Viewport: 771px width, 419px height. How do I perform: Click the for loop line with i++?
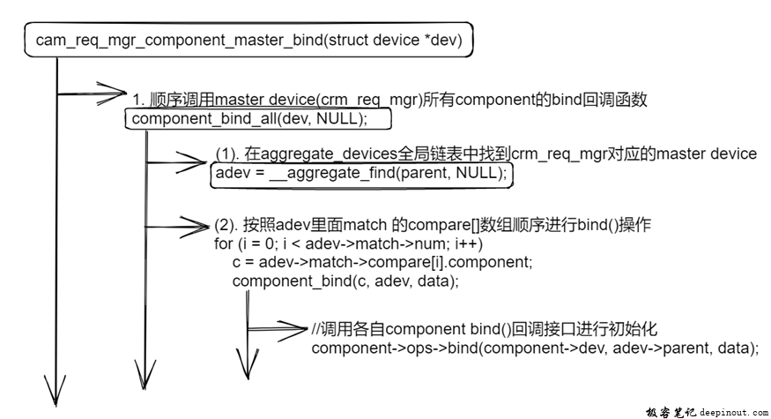coord(349,243)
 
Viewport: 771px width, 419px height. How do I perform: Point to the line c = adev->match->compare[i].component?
coord(382,262)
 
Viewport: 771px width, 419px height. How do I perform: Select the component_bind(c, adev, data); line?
coord(345,281)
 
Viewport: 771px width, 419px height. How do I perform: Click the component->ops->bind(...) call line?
coord(535,348)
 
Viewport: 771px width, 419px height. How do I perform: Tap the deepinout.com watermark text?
coord(734,412)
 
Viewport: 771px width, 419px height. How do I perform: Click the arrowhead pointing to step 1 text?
coord(112,93)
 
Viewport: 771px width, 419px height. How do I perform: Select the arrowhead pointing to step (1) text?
coord(192,162)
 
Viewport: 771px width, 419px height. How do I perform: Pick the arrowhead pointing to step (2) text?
coord(195,227)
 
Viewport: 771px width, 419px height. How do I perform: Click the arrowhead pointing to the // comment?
coord(292,329)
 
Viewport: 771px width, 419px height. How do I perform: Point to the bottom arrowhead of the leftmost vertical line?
coord(56,392)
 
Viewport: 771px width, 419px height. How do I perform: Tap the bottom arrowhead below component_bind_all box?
coord(145,375)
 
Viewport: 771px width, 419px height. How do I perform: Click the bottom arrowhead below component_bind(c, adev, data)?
coord(248,364)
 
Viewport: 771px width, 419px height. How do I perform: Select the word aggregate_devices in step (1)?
coord(329,153)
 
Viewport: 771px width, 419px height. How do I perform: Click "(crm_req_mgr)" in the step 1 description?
coord(372,100)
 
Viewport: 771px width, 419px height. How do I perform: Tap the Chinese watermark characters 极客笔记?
coord(671,412)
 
